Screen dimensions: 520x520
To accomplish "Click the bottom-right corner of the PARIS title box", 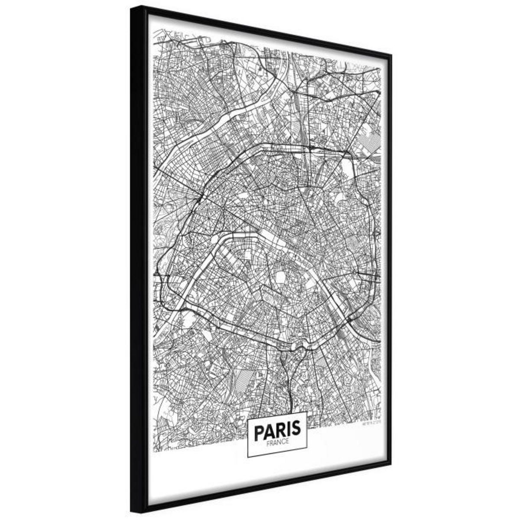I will pos(307,455).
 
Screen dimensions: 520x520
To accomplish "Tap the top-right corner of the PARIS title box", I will pos(307,411).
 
